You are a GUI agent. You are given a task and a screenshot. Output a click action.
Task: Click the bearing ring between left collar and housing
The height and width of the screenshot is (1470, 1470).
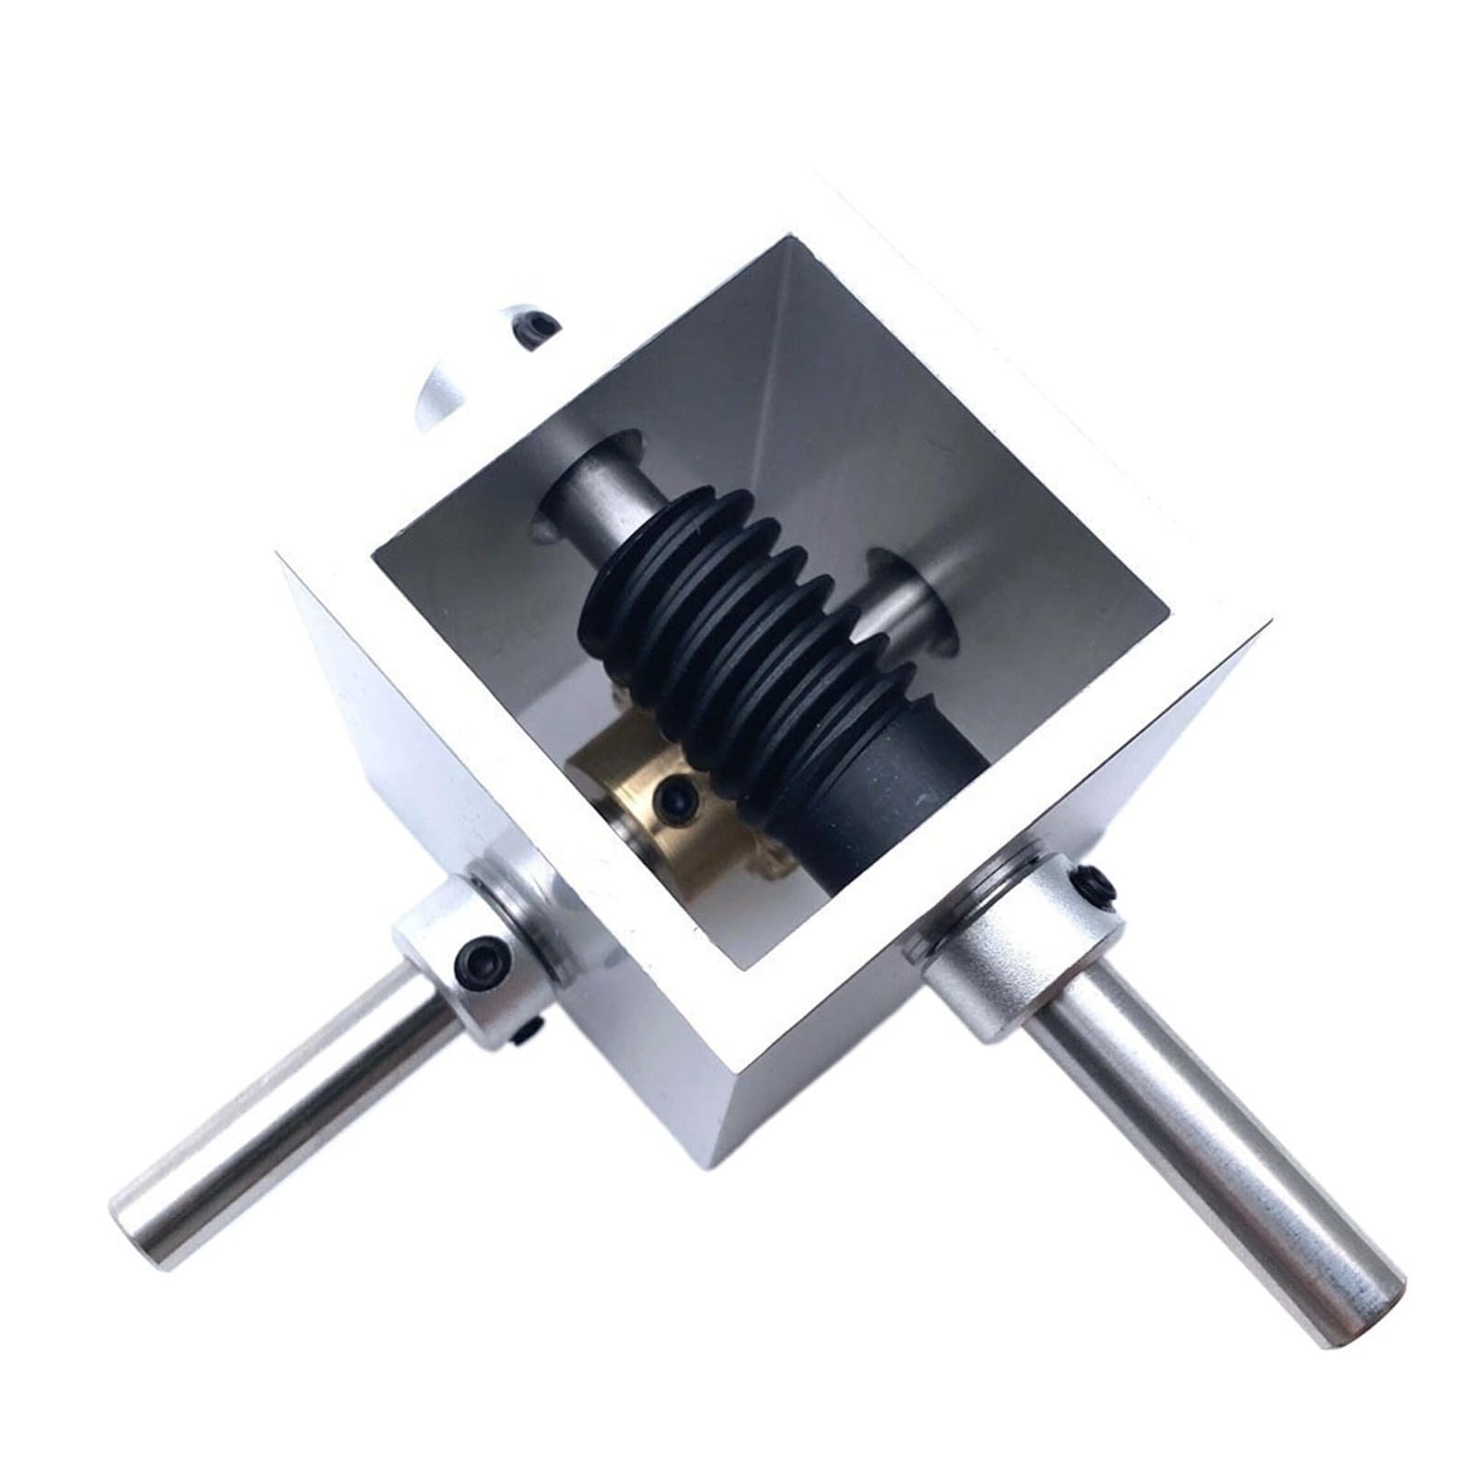[528, 910]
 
